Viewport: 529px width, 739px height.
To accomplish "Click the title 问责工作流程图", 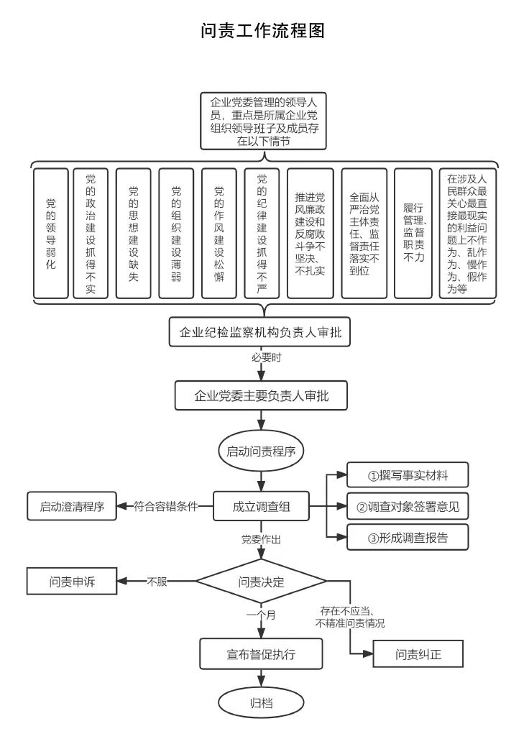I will (264, 31).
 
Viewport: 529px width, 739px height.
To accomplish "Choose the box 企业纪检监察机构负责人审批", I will (260, 333).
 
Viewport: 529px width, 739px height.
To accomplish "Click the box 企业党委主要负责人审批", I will (262, 395).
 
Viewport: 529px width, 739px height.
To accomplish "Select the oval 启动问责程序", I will (261, 451).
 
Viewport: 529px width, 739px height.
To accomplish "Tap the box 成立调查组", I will (261, 506).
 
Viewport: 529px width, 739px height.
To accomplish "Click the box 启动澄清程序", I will (72, 506).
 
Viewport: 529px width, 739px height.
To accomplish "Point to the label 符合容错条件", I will (165, 506).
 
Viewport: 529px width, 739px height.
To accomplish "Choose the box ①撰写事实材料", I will (408, 475).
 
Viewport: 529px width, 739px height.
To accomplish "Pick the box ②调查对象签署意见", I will (408, 506).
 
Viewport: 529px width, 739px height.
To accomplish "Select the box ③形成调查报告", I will (408, 537).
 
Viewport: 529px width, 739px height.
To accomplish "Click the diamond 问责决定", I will (261, 581).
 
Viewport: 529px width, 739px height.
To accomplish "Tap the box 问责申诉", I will (72, 582).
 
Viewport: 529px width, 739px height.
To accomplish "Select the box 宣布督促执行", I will (261, 654).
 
